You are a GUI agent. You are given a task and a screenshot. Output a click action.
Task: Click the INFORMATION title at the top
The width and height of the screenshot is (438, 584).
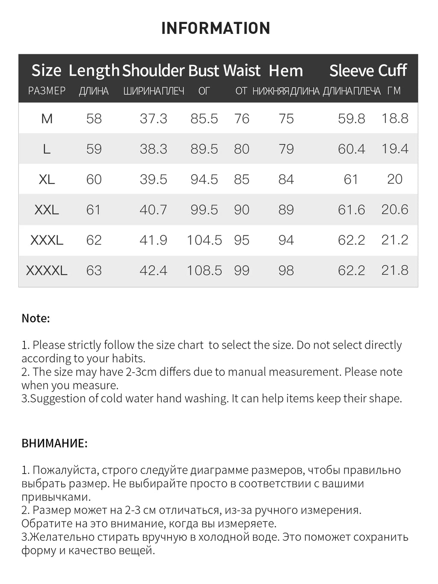tap(216, 28)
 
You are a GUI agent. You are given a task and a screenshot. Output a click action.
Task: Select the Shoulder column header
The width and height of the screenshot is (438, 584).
tap(153, 71)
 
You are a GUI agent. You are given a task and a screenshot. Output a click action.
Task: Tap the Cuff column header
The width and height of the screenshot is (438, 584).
tap(392, 71)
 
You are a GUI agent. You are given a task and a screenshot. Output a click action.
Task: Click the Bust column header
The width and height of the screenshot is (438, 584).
tap(204, 71)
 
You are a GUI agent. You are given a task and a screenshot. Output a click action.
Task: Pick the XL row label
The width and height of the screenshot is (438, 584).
tap(47, 179)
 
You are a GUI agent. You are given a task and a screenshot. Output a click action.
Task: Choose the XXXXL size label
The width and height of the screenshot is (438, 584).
tap(47, 270)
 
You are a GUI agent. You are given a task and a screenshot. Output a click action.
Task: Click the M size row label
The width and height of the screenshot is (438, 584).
tap(47, 119)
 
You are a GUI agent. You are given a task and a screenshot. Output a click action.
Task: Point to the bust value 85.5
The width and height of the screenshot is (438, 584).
tap(204, 119)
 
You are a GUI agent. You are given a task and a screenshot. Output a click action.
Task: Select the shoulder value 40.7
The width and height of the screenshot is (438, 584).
tap(153, 210)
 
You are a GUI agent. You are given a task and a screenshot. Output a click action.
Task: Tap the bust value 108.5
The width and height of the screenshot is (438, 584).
tap(204, 270)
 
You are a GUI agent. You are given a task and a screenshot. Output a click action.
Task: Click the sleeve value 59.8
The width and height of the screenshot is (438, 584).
tap(351, 119)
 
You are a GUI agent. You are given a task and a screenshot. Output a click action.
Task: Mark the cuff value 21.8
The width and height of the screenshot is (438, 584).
tap(395, 270)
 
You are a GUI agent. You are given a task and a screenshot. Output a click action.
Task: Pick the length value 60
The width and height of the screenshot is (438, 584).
tap(94, 179)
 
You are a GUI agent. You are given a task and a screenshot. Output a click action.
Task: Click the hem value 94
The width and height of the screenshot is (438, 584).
tap(286, 240)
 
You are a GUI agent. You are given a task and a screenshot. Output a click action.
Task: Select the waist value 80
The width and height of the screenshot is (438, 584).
tap(242, 149)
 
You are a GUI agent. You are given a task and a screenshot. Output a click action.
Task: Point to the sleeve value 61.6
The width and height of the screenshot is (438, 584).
tap(351, 210)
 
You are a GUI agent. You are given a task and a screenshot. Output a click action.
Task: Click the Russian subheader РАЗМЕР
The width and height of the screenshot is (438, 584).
tap(47, 91)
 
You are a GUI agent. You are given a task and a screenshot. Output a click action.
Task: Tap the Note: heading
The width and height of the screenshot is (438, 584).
tap(36, 318)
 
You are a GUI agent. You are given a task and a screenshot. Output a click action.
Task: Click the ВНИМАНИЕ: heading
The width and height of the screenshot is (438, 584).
tap(54, 443)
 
